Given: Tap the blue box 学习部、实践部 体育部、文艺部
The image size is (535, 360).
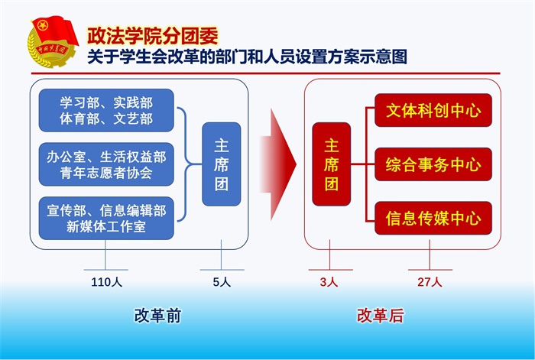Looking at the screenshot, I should [x=106, y=110].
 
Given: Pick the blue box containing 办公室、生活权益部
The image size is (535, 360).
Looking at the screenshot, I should [x=106, y=164].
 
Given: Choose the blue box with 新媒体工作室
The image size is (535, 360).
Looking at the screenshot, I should [x=106, y=218].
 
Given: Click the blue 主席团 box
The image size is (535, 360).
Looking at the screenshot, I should [x=221, y=164].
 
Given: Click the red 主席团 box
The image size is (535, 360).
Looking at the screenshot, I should [x=331, y=164].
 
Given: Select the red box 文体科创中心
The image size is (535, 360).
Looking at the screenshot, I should [x=433, y=110].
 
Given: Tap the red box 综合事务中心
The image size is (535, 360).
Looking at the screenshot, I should [x=433, y=164].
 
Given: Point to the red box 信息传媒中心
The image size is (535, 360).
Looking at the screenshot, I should [x=433, y=219].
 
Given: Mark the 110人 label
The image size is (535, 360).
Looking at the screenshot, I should [x=106, y=282].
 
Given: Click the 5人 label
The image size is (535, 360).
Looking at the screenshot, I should [x=221, y=282].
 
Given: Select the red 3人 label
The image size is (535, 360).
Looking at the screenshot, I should [x=329, y=282].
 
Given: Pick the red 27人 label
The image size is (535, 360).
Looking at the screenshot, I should [x=430, y=282].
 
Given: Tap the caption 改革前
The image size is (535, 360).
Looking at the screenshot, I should [x=157, y=316].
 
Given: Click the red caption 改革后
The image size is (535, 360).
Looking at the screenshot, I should [x=380, y=316].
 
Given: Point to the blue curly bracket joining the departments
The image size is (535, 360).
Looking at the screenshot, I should [x=185, y=164].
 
